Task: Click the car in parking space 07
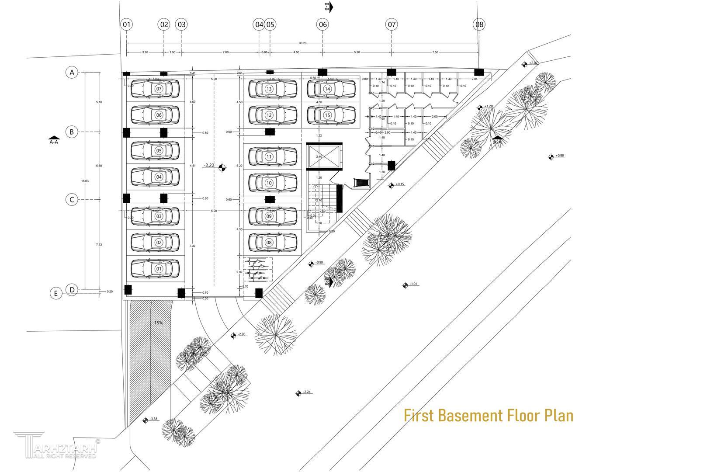coord(155,89)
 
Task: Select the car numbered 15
coord(331,115)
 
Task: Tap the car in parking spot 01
coord(155,269)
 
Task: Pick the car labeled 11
coord(273,156)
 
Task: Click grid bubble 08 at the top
coord(479,24)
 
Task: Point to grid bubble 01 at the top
coord(127,24)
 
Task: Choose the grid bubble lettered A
coord(72,72)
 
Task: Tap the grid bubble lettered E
coord(55,293)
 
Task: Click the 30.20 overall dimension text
coord(302,43)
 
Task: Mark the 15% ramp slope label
coord(158,323)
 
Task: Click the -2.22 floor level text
coord(209,166)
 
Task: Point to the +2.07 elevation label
coord(533,63)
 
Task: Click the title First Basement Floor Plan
coord(488,415)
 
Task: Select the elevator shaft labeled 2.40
coord(323,156)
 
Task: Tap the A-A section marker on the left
coord(54,140)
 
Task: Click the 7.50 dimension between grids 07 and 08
coord(435,52)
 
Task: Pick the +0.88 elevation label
coord(560,156)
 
